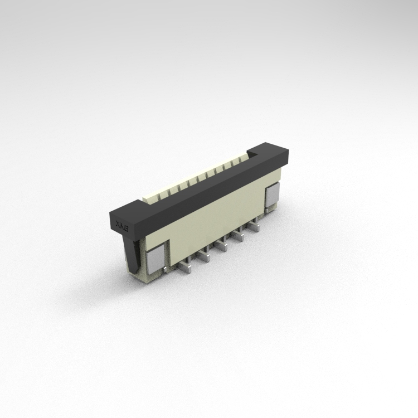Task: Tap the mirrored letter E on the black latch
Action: (x=127, y=229)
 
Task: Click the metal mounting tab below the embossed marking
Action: (x=154, y=258)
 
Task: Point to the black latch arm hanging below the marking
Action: (x=134, y=254)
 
